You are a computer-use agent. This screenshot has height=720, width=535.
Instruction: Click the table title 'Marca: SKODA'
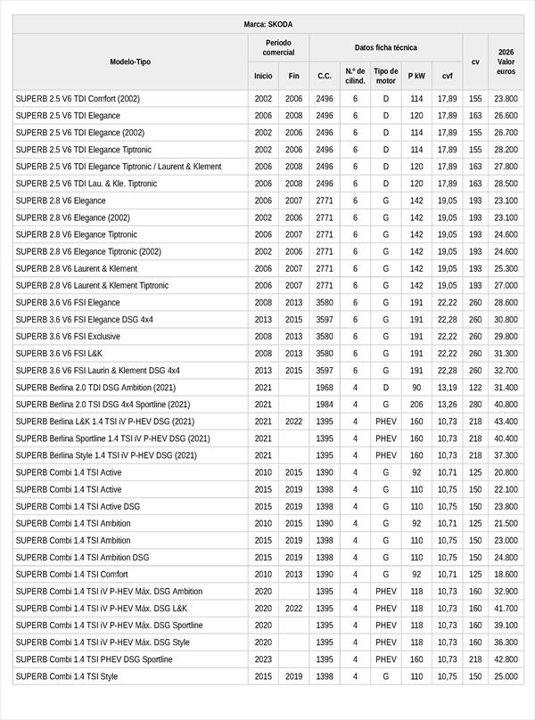pyautogui.click(x=267, y=24)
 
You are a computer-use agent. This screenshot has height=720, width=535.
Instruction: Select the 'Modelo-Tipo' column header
pyautogui.click(x=130, y=61)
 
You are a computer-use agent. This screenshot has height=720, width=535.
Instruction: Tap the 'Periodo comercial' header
pyautogui.click(x=278, y=47)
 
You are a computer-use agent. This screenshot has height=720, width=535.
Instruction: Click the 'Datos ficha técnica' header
pyautogui.click(x=385, y=47)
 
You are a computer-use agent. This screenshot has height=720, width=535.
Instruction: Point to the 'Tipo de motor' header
pyautogui.click(x=386, y=76)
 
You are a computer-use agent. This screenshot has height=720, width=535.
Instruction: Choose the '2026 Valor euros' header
pyautogui.click(x=506, y=61)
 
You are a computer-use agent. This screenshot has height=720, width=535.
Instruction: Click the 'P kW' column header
pyautogui.click(x=416, y=76)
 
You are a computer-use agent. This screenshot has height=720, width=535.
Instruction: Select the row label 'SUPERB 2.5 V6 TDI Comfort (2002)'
pyautogui.click(x=78, y=99)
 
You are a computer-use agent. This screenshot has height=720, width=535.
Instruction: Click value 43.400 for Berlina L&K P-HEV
pyautogui.click(x=506, y=421)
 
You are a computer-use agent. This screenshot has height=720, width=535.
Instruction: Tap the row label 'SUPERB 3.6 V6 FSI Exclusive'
pyautogui.click(x=67, y=337)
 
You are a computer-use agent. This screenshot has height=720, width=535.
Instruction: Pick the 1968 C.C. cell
pyautogui.click(x=325, y=388)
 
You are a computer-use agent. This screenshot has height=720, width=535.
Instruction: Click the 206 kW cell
pyautogui.click(x=416, y=405)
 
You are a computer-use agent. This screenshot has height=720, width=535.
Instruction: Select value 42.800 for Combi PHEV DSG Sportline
pyautogui.click(x=506, y=659)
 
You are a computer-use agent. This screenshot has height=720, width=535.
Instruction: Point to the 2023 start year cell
pyautogui.click(x=263, y=659)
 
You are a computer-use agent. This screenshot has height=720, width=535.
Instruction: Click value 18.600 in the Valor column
pyautogui.click(x=506, y=575)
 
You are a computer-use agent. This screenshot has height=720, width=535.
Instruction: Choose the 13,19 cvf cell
pyautogui.click(x=448, y=388)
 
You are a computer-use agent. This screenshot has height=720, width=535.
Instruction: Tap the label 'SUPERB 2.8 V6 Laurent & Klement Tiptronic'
pyautogui.click(x=92, y=286)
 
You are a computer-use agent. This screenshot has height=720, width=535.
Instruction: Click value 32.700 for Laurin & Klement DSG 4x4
pyautogui.click(x=506, y=371)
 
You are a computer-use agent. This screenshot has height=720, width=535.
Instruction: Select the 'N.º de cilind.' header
pyautogui.click(x=355, y=76)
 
